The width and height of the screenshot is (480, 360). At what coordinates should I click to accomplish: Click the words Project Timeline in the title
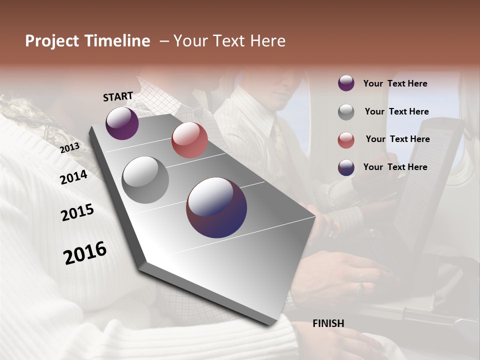tap(87, 41)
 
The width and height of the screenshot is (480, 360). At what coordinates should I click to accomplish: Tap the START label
tap(118, 96)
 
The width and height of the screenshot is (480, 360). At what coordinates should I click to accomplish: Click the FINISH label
tap(328, 323)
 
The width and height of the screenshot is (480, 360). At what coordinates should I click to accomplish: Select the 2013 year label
tap(69, 148)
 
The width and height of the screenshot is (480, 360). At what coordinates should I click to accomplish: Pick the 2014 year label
tap(73, 177)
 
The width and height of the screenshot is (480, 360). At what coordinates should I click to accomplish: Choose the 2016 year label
tap(85, 253)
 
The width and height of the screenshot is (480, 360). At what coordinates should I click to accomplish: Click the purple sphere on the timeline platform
tap(122, 123)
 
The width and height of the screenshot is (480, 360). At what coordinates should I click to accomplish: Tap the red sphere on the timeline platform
tap(189, 140)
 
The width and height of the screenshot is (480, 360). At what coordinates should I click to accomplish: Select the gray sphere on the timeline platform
tap(145, 180)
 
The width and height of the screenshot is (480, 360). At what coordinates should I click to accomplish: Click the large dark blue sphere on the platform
tap(216, 207)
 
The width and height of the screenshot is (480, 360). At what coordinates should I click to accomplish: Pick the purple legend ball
tap(346, 83)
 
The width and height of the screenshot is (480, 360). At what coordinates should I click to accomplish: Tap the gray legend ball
tap(346, 112)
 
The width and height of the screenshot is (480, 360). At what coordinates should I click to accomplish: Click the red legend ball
tap(346, 140)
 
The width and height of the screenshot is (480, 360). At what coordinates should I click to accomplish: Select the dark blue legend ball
tap(346, 167)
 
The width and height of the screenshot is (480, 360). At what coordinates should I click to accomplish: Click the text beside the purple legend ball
tap(395, 84)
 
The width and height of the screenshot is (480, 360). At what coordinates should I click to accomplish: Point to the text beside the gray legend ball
tap(396, 111)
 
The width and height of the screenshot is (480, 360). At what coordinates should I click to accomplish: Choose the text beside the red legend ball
tap(397, 139)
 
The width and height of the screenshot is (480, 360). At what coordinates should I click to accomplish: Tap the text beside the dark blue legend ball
tap(395, 167)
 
